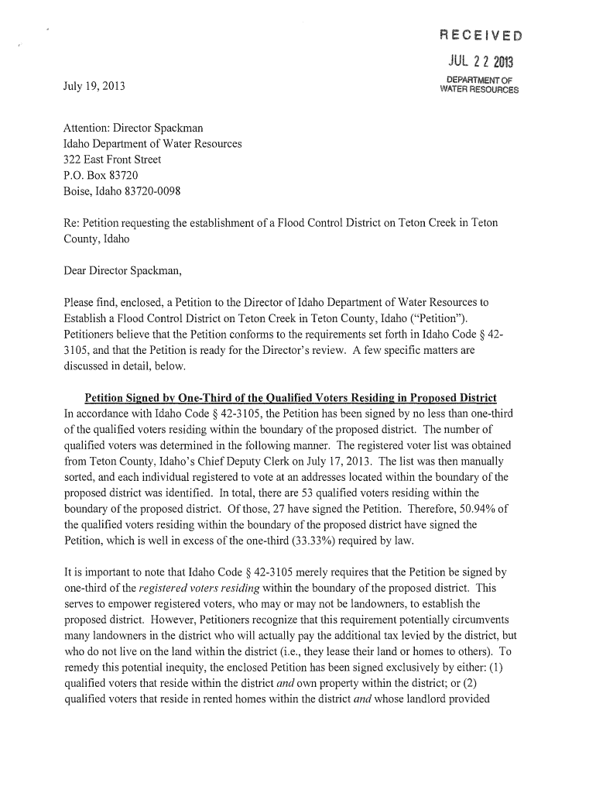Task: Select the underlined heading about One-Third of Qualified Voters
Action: [x=290, y=398]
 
